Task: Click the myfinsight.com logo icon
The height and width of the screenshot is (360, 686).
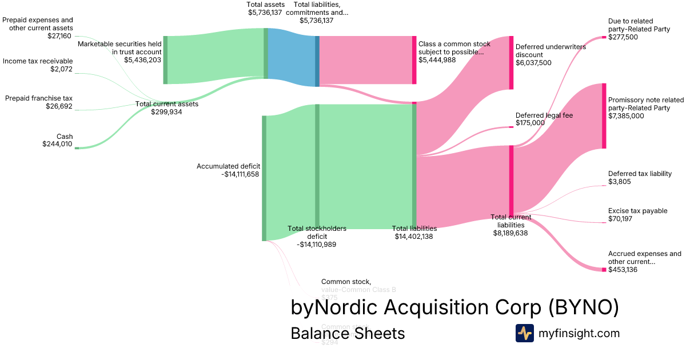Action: [x=524, y=333]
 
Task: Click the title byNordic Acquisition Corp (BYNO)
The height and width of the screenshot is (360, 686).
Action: [x=454, y=307]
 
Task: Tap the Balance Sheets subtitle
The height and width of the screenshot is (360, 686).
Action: [x=348, y=333]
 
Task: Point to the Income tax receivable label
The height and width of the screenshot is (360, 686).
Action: [x=38, y=61]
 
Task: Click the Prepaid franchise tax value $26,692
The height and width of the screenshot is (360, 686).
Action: [x=59, y=106]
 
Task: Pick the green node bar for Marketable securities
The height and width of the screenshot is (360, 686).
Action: [x=165, y=60]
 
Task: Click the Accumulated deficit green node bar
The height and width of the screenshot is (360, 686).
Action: [x=264, y=178]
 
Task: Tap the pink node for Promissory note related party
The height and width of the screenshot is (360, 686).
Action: [x=604, y=116]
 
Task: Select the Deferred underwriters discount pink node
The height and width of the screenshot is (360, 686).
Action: [x=511, y=62]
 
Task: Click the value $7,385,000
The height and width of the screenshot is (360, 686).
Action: [x=626, y=116]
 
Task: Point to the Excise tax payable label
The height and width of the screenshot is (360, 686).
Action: [x=637, y=211]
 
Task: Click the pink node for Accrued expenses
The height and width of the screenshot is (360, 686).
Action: [x=604, y=269]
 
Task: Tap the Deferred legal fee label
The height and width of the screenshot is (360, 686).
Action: [x=544, y=115]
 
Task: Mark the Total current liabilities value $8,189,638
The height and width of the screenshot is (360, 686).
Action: [x=510, y=233]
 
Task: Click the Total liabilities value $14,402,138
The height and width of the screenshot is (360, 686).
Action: [x=414, y=236]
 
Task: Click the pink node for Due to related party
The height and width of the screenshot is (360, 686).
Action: [x=604, y=37]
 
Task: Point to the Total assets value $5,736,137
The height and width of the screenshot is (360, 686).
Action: [x=265, y=12]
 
